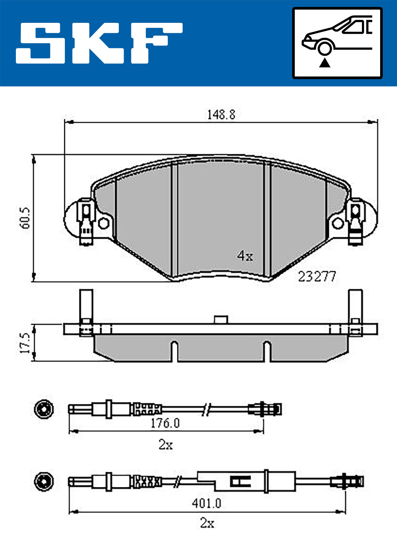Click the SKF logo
[x=99, y=43]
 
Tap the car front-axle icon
[x=337, y=43]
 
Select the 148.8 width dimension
[x=221, y=115]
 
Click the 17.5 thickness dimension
[x=25, y=344]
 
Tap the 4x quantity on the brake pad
[x=245, y=256]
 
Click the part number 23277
[x=317, y=277]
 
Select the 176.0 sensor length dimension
[x=165, y=423]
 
